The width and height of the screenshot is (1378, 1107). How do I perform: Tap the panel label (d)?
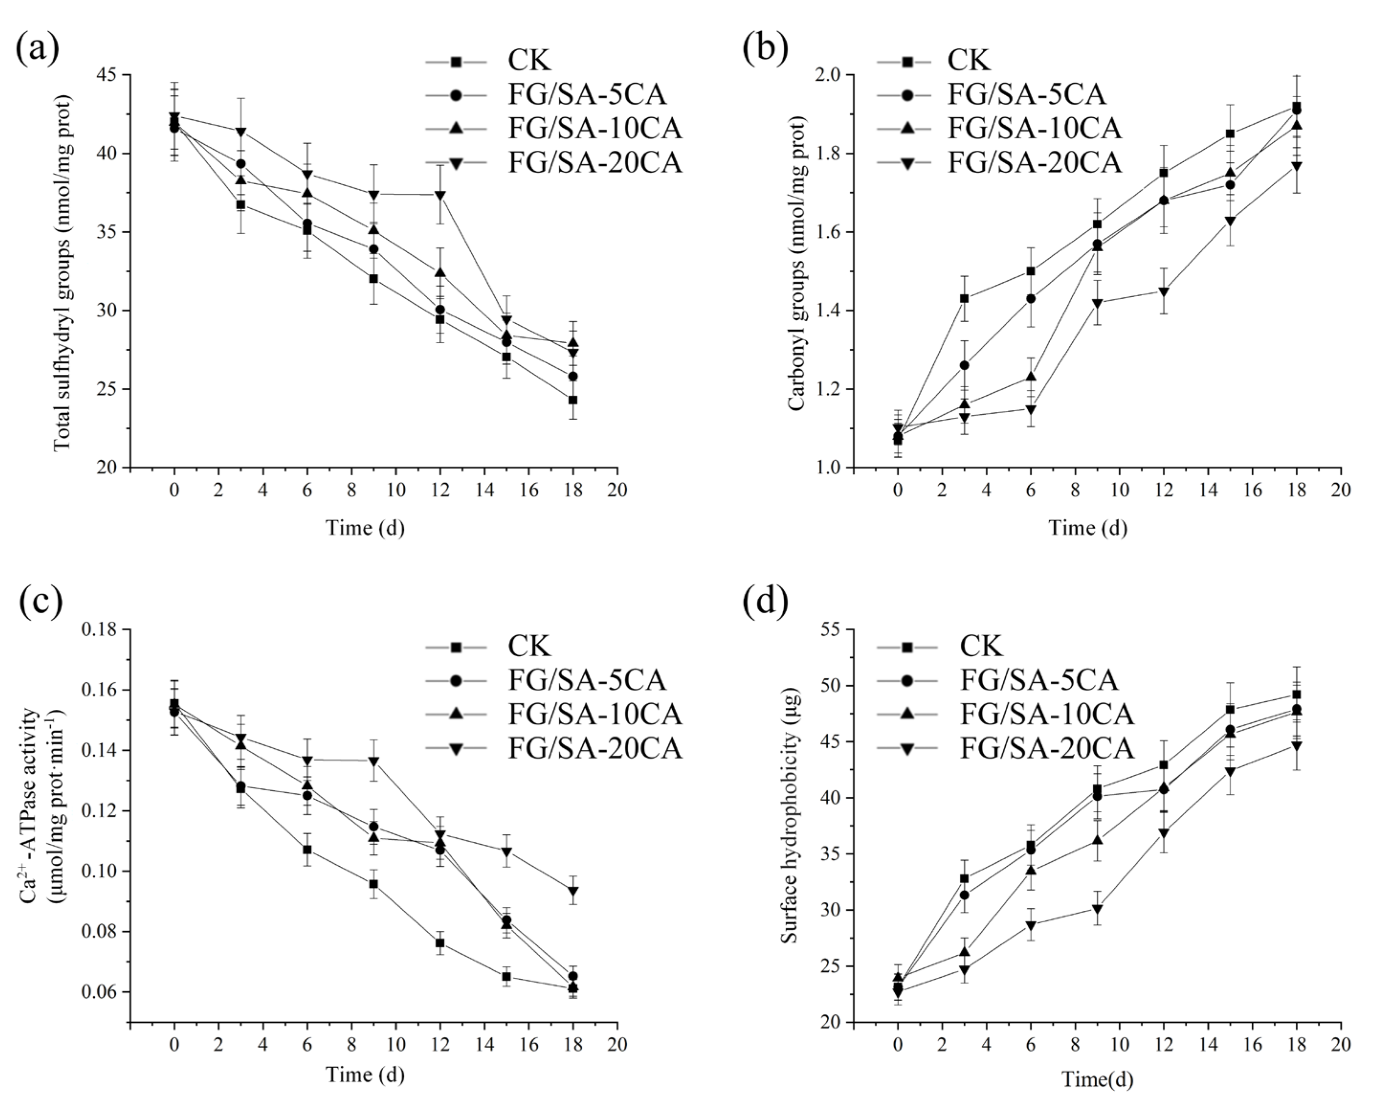(765, 602)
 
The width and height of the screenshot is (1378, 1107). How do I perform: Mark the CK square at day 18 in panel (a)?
(573, 400)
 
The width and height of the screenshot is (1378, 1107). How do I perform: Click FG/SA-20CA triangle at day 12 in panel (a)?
(440, 195)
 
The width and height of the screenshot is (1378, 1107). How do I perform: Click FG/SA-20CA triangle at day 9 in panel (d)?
(1097, 909)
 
